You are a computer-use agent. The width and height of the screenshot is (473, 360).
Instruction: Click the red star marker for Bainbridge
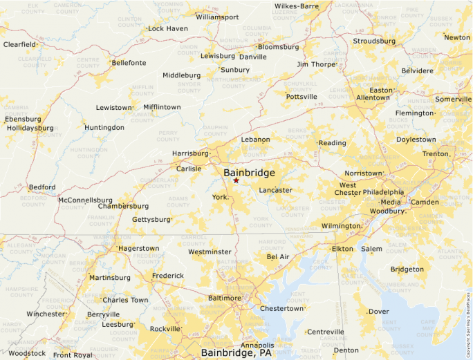pos(236,180)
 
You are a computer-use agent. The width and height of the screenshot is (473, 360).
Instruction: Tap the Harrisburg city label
pos(190,153)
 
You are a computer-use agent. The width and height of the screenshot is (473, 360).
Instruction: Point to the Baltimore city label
pos(223,298)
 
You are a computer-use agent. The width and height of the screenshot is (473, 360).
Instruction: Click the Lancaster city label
pos(275,190)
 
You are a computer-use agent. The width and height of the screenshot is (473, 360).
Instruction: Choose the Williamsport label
pos(217,17)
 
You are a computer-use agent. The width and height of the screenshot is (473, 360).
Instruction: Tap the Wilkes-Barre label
pos(296,6)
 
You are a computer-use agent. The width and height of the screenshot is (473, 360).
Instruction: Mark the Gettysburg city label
pos(151,219)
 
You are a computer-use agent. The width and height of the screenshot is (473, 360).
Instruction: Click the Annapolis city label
pos(257,345)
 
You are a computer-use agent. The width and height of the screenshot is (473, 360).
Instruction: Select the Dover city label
pos(379,311)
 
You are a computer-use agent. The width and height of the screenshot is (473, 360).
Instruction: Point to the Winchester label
pos(46,314)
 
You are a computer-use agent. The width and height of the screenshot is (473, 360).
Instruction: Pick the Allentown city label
pos(373,98)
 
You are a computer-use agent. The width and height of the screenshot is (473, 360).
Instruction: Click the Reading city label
pos(332,143)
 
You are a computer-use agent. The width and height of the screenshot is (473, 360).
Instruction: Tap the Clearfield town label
pos(19,44)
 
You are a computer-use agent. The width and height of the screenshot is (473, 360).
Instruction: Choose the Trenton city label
pos(436,153)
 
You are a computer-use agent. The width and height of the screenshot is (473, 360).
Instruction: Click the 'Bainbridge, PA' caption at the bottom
pos(236,353)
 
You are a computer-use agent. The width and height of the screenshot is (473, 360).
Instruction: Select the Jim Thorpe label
pos(315,64)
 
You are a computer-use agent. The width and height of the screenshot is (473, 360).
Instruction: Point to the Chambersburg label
pos(123,206)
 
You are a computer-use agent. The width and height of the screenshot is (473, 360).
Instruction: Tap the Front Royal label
pos(73,355)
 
